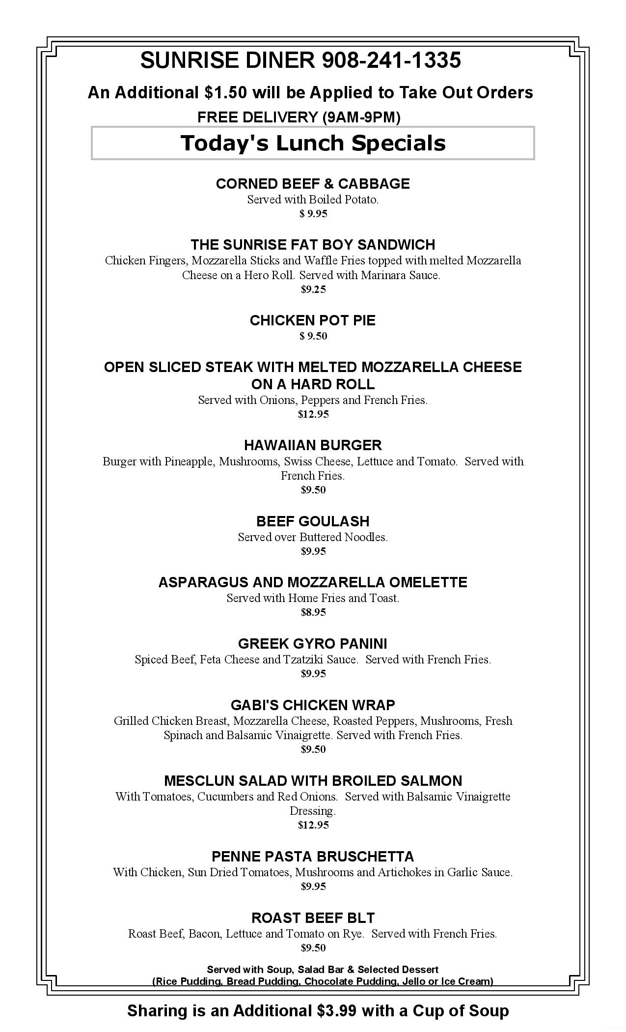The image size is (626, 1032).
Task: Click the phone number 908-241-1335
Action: click(x=391, y=60)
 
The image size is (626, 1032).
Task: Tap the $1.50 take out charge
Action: click(x=225, y=92)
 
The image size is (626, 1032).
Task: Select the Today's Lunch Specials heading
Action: click(x=313, y=143)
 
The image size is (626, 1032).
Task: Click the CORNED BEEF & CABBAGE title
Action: click(x=313, y=184)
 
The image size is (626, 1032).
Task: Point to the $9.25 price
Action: click(x=313, y=289)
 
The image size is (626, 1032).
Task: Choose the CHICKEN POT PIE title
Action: click(x=313, y=320)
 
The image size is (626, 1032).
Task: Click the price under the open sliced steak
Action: click(x=313, y=414)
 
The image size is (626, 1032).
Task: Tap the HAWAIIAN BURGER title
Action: click(x=313, y=445)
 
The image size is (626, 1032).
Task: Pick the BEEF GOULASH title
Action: click(x=313, y=521)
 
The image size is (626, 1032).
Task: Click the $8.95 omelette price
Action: click(x=313, y=612)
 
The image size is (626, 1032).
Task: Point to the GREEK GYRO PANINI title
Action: click(x=313, y=644)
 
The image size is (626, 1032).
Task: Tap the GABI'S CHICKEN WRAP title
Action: click(x=313, y=705)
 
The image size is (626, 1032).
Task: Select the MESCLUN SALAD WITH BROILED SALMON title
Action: click(x=313, y=781)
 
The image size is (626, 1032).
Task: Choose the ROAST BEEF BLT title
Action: click(x=313, y=918)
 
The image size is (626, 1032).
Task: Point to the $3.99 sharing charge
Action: click(x=336, y=1011)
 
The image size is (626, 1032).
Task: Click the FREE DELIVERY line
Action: click(x=299, y=117)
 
